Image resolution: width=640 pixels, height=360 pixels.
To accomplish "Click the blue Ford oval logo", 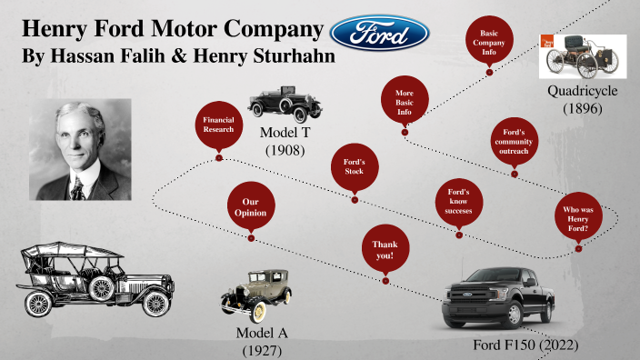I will coord(380,33).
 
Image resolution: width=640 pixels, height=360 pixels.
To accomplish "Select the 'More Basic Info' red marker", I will coord(405,103).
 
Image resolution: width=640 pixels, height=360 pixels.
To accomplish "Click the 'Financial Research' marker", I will coord(218,126).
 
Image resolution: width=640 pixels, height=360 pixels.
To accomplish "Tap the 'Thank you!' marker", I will coord(383,250).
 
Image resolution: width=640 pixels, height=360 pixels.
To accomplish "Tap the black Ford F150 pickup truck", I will coord(498,295).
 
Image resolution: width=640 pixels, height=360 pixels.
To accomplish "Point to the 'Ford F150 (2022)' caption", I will coord(525,345).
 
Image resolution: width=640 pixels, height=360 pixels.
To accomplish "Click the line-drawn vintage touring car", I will coord(95,276).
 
